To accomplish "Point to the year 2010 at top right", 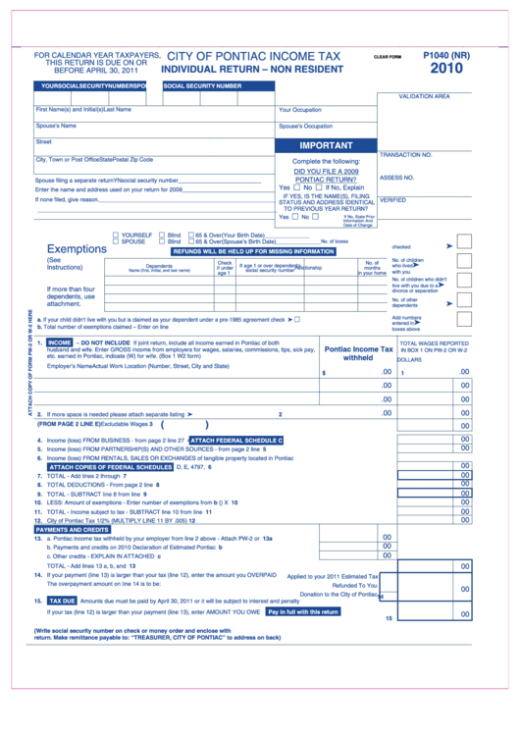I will (x=446, y=70).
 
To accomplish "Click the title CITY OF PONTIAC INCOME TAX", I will (x=253, y=58).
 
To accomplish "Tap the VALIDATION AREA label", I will (x=424, y=96).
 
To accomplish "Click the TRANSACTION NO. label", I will (x=405, y=155).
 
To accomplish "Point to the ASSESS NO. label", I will (x=396, y=178).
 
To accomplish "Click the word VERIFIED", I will (x=392, y=200).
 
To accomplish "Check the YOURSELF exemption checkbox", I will (x=117, y=236).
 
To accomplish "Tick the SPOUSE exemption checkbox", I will (x=117, y=241).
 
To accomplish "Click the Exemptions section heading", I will (x=77, y=249).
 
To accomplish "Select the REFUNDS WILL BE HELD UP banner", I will (x=254, y=251).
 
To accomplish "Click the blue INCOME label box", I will (x=59, y=342).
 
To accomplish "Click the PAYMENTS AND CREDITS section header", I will (x=72, y=530).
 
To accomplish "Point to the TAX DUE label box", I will (x=62, y=600).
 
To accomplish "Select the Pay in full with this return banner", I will (x=303, y=611).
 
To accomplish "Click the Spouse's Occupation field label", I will (x=305, y=127).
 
